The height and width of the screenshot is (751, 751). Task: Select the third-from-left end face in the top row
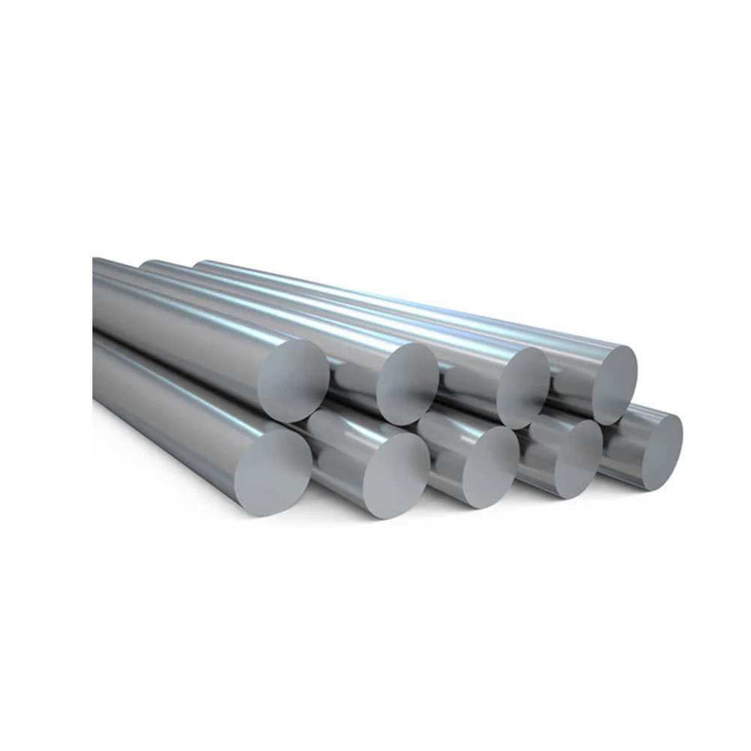(523, 387)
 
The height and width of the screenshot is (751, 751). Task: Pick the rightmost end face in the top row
(614, 385)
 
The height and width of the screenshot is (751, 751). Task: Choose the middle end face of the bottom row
(490, 467)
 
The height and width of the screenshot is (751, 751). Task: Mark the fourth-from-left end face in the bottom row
(578, 458)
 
